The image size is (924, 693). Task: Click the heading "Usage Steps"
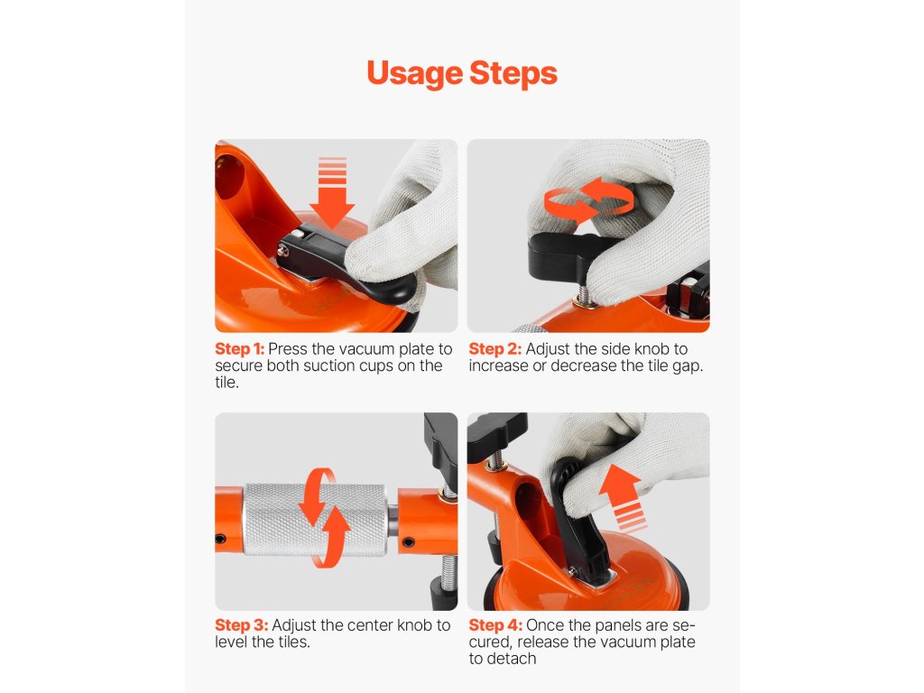(x=462, y=74)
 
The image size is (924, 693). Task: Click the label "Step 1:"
(x=239, y=349)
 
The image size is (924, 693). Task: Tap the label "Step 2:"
(x=495, y=349)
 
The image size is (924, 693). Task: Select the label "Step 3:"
(x=241, y=625)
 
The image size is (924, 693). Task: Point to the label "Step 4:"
(x=495, y=625)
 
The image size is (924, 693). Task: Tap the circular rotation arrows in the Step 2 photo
(x=588, y=199)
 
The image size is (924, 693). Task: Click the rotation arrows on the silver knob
(x=324, y=518)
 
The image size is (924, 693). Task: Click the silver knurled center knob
(x=315, y=520)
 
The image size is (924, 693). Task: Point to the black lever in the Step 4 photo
(x=580, y=519)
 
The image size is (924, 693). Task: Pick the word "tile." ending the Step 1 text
(x=226, y=383)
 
